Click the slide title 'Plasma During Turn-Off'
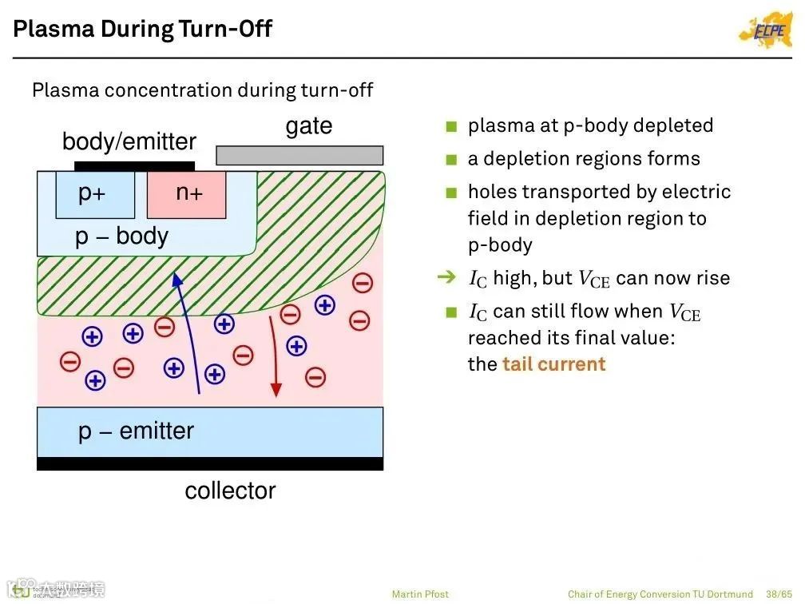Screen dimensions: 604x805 click(x=143, y=30)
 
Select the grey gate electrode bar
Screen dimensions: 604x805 click(x=299, y=155)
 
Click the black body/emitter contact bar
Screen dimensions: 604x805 click(x=134, y=166)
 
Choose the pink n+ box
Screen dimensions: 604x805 click(x=187, y=195)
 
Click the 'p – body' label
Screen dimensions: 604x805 click(x=121, y=236)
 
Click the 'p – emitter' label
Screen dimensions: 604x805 click(x=136, y=431)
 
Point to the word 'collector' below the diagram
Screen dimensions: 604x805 click(x=230, y=491)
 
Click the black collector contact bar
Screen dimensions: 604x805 click(x=210, y=464)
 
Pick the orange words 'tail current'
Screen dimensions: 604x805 click(x=553, y=364)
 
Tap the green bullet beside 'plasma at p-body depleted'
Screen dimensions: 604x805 click(x=451, y=126)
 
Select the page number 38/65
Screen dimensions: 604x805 click(x=778, y=594)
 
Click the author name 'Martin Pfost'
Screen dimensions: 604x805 click(x=420, y=594)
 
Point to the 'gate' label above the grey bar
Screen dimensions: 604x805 click(x=308, y=126)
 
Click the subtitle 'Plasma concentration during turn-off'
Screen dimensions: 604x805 click(x=202, y=90)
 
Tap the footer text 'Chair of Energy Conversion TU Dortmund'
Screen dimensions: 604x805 click(x=660, y=594)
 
